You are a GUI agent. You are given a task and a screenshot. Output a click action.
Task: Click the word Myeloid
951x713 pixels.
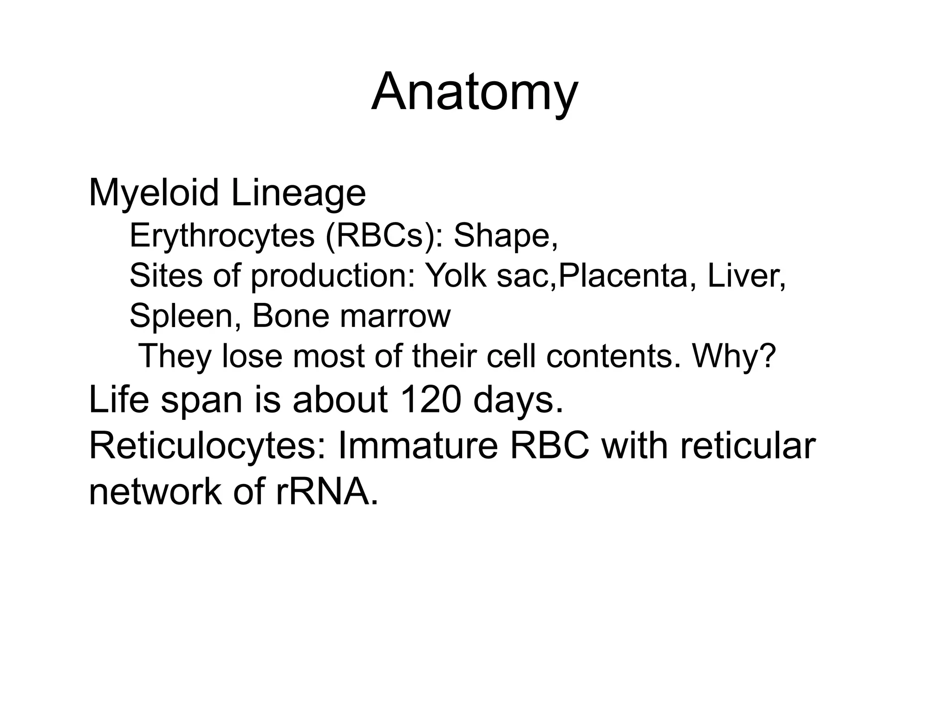(154, 193)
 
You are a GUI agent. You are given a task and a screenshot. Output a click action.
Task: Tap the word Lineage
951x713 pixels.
(298, 193)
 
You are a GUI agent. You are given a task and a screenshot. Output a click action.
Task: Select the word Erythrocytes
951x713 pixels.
(222, 235)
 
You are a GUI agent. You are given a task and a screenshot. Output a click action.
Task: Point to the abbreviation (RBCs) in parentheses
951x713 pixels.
(383, 235)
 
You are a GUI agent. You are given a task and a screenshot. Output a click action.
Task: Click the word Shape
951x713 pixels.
(504, 235)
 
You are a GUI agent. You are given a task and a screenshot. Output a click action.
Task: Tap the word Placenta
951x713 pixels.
(622, 276)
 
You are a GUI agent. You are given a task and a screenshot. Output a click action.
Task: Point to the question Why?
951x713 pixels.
(734, 356)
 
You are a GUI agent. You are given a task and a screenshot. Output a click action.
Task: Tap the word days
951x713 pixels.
(518, 400)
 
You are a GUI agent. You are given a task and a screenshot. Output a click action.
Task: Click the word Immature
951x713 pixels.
(418, 446)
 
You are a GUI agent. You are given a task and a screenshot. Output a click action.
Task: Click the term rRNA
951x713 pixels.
(327, 491)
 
